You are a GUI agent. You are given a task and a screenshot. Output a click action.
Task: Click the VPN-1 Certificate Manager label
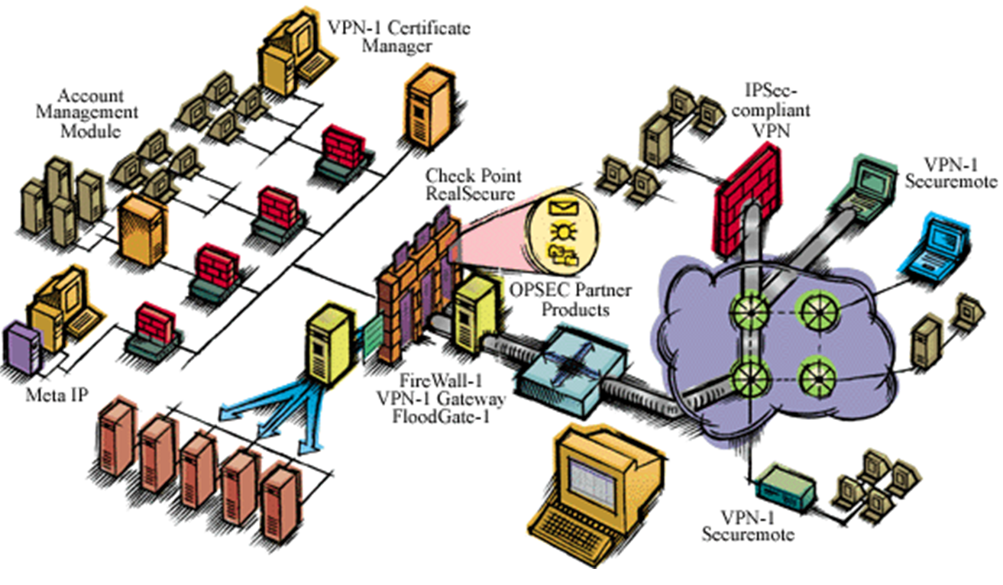(398, 37)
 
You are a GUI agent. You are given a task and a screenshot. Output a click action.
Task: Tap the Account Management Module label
(99, 112)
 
